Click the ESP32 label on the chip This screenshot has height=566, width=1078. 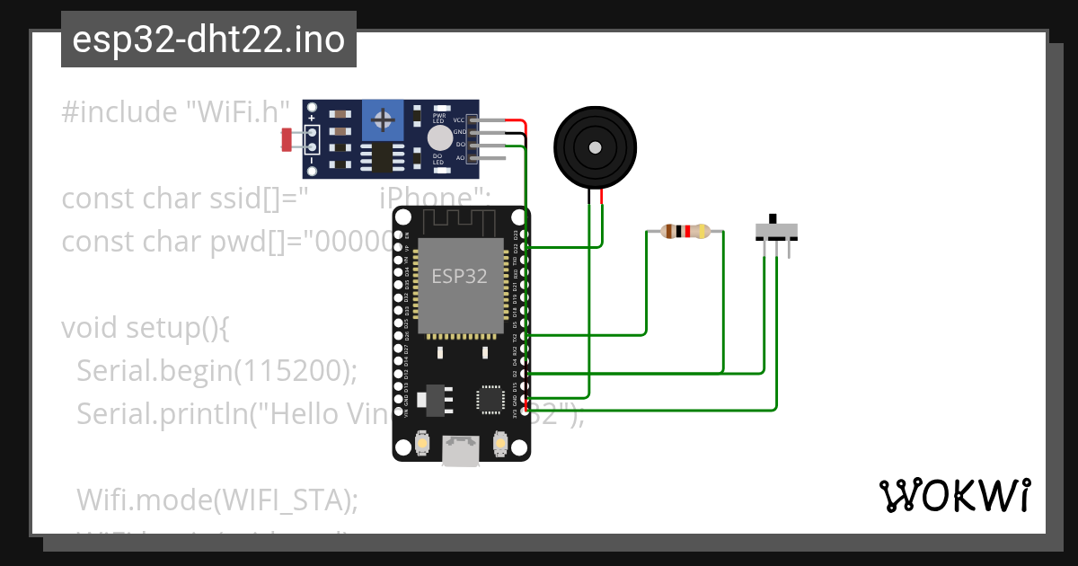tap(459, 276)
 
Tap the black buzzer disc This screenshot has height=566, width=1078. tap(594, 146)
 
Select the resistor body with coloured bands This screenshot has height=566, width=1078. tap(685, 232)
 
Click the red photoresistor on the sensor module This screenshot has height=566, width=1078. tap(288, 139)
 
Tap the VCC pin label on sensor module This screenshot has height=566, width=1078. tap(458, 120)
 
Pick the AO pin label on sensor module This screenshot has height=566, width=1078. tap(460, 157)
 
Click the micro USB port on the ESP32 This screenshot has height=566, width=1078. tap(461, 451)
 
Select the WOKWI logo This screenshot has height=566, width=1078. tap(954, 496)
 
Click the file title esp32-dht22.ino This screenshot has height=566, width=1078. tap(208, 40)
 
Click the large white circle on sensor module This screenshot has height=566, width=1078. tap(439, 137)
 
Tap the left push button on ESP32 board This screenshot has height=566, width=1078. tap(422, 443)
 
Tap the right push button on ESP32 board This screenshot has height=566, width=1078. tap(500, 443)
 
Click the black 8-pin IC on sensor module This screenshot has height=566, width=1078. tap(383, 157)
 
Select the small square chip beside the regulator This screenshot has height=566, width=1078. tap(490, 400)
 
